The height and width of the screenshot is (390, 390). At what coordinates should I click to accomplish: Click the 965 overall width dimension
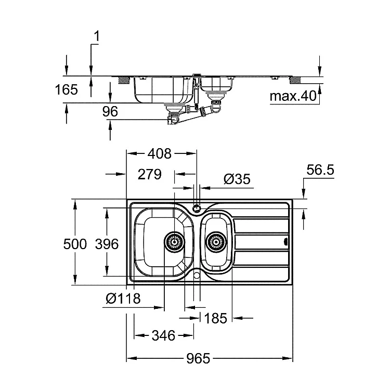(198, 358)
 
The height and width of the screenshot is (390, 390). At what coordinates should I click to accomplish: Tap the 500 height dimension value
(75, 244)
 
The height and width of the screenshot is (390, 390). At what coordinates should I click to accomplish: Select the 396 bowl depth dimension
(107, 244)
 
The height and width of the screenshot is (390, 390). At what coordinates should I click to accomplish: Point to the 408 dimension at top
(160, 154)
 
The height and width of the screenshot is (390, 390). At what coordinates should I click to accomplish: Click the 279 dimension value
(150, 174)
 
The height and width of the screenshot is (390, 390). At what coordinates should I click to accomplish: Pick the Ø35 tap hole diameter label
(237, 179)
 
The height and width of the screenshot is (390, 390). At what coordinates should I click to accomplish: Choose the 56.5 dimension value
(320, 170)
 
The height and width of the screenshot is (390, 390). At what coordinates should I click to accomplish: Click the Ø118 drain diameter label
(123, 298)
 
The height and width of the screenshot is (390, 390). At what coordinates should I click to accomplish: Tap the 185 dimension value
(215, 318)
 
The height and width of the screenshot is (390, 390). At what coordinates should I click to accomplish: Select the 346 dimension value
(163, 335)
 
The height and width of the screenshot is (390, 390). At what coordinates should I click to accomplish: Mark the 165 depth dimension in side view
(66, 89)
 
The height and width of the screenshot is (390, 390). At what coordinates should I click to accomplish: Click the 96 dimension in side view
(110, 111)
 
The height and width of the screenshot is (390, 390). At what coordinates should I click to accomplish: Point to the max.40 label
(293, 96)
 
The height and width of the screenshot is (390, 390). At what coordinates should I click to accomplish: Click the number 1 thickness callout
(96, 36)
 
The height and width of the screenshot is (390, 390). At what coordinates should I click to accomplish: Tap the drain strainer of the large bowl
(174, 242)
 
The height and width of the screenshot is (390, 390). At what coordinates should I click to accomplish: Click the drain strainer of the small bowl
(216, 242)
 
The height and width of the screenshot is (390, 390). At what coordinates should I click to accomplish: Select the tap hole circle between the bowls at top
(197, 208)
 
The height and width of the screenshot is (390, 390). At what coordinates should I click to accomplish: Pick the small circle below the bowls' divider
(197, 275)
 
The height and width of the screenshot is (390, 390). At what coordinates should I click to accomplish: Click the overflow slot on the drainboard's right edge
(286, 241)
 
